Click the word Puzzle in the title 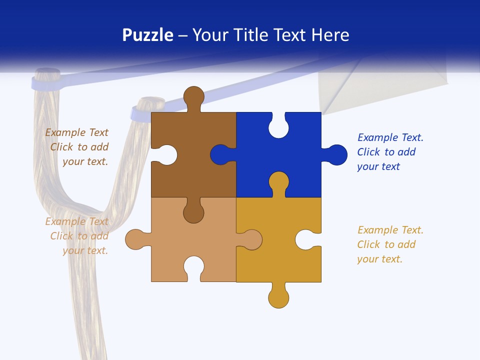point(147,35)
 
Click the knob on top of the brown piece point(194,96)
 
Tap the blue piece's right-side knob point(337,155)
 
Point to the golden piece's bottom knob point(278,298)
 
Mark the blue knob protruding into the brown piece point(220,155)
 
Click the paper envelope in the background point(380,85)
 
